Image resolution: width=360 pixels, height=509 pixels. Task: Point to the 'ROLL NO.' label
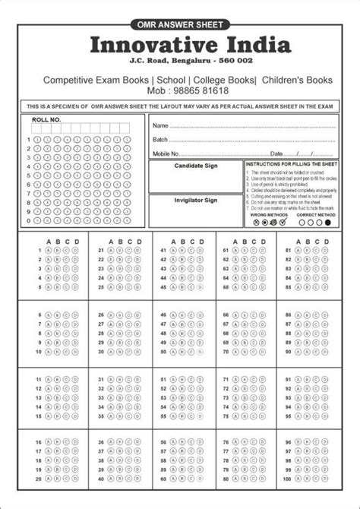tap(43, 121)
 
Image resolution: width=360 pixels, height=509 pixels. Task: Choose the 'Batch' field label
tap(159, 140)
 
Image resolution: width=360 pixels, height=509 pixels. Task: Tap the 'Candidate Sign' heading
tap(195, 165)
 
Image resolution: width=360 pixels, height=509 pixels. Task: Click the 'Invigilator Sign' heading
tap(195, 200)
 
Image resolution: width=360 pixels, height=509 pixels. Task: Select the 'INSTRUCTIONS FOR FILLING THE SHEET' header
tap(292, 164)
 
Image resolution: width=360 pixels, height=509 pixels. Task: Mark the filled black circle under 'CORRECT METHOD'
tap(327, 223)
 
